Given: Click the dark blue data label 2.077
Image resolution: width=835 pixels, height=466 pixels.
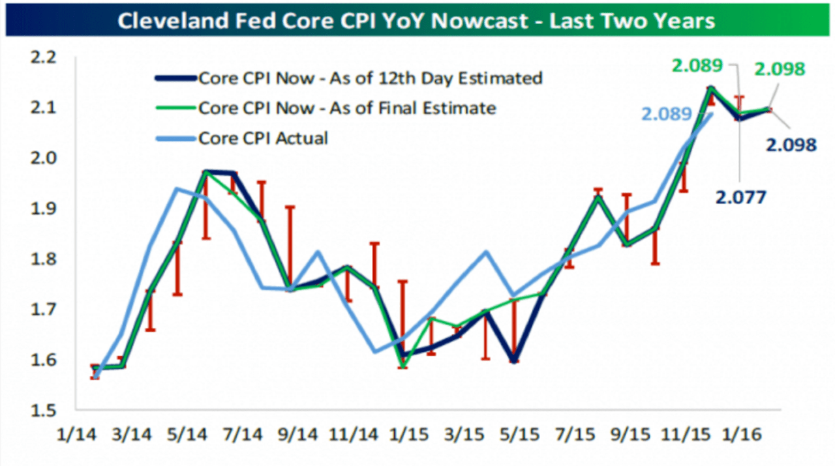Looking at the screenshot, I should tap(741, 197).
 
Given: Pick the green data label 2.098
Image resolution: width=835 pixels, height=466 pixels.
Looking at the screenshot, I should tap(780, 69).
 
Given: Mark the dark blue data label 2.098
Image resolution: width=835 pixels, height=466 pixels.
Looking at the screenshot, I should tap(790, 145).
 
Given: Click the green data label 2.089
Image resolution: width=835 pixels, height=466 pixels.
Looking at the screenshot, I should tap(698, 65).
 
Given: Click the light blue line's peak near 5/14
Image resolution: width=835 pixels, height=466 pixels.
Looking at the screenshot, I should tap(177, 189).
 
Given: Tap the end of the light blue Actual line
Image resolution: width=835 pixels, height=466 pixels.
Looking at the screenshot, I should tap(711, 113).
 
